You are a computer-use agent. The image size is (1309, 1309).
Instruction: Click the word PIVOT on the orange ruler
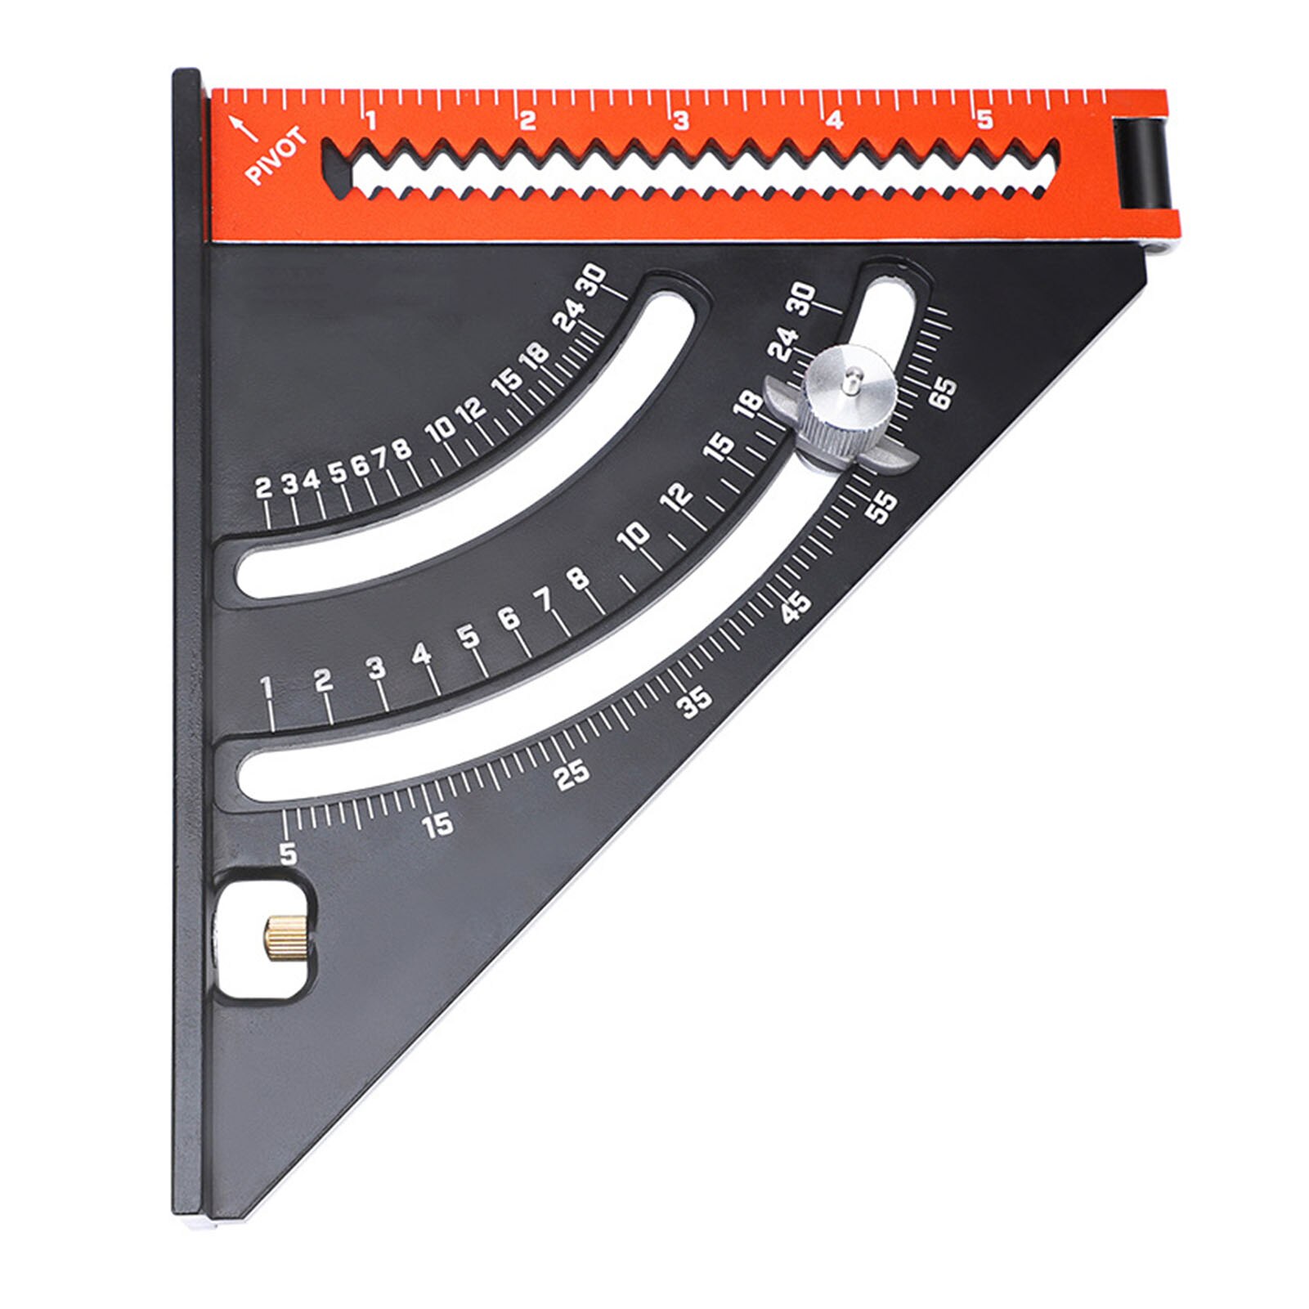tap(277, 157)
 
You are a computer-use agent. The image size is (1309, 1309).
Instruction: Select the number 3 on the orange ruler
tap(680, 121)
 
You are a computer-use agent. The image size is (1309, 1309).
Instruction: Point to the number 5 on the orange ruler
tap(984, 120)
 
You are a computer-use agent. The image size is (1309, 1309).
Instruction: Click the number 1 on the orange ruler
tap(370, 122)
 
